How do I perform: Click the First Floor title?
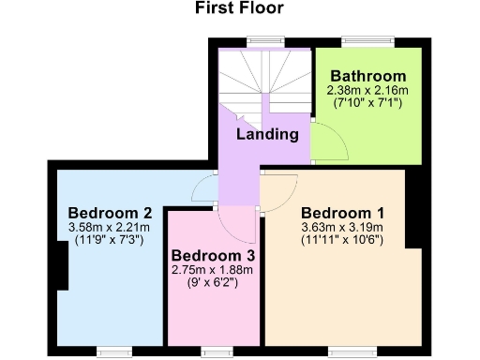tap(240, 9)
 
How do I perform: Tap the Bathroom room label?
tap(367, 76)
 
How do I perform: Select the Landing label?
tap(267, 134)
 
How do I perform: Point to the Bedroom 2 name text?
tap(104, 211)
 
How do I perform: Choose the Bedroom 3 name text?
tap(213, 254)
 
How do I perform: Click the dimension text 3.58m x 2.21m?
tap(104, 226)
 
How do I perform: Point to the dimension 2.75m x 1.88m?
tap(213, 269)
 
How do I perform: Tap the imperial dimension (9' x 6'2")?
tap(213, 281)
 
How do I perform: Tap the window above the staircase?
tap(261, 41)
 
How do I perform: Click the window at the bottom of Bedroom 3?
tap(214, 351)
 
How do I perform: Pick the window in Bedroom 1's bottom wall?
tap(347, 351)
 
